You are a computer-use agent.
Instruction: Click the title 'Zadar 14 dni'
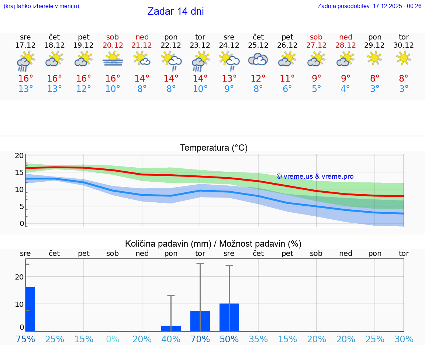click(x=176, y=11)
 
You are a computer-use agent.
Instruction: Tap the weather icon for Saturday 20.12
click(x=113, y=59)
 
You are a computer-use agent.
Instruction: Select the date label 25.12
click(x=258, y=45)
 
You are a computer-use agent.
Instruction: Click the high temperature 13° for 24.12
click(x=229, y=79)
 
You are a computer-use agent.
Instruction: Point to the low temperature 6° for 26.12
click(x=287, y=89)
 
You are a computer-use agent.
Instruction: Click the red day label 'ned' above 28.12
click(x=346, y=37)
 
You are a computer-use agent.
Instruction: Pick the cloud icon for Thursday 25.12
click(x=258, y=59)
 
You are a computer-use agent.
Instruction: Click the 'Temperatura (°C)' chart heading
click(x=214, y=148)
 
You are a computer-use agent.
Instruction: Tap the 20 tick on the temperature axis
click(x=19, y=156)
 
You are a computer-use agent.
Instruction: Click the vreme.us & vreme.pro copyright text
click(x=315, y=176)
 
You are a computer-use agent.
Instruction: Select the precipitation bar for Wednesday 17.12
click(x=30, y=309)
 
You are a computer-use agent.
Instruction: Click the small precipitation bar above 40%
click(x=171, y=328)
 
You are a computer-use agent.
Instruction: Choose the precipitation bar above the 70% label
click(x=200, y=321)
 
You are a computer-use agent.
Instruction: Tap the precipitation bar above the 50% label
click(x=229, y=317)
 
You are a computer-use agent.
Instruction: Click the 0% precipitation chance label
click(x=113, y=339)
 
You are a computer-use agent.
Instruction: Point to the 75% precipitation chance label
click(x=26, y=339)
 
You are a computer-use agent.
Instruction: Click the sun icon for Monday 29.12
click(x=375, y=58)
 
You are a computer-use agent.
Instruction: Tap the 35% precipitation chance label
click(x=258, y=339)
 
